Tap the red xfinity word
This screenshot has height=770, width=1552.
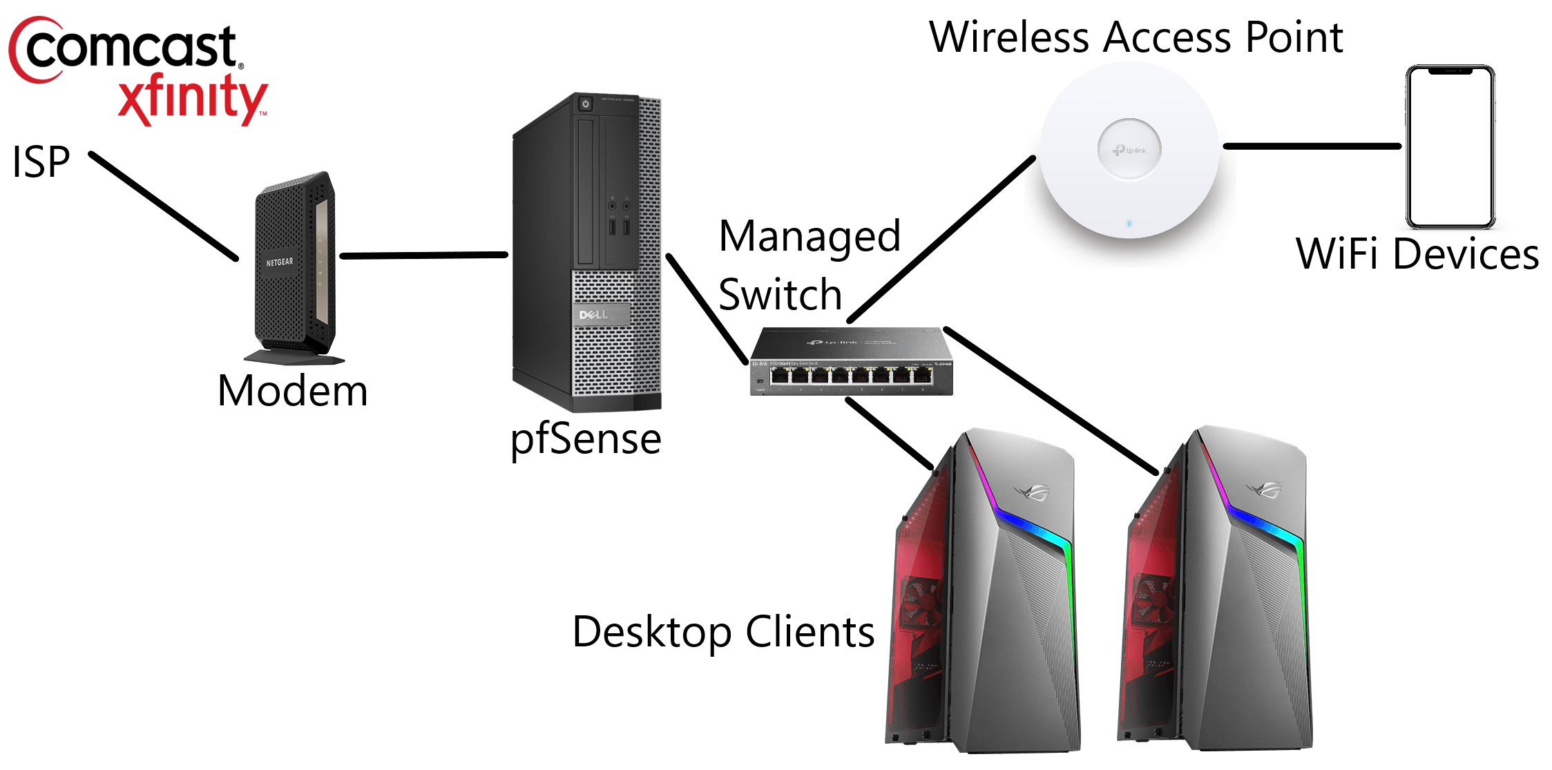192,98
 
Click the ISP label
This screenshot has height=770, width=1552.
41,162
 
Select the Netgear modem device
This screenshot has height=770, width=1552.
295,266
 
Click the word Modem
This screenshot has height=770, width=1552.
292,391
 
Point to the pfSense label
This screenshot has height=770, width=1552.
586,439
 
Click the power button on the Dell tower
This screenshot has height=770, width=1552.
586,104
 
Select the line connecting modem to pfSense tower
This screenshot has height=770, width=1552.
423,256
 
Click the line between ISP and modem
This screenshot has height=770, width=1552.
163,206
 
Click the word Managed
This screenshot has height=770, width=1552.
809,237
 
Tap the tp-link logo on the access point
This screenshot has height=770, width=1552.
1129,150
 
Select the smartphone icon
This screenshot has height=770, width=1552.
1450,146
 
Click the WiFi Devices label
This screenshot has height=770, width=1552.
1417,254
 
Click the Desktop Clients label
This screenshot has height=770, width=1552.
723,631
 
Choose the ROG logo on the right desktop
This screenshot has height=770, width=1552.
1263,491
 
